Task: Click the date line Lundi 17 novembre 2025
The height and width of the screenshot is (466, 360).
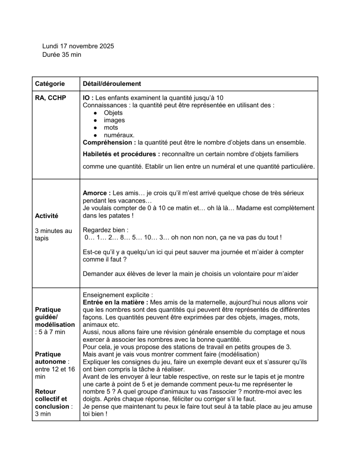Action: point(78,46)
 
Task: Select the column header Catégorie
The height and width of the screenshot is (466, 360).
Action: point(51,83)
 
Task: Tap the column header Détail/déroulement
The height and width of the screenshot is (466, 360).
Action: point(112,83)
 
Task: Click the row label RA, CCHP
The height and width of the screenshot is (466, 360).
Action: point(51,98)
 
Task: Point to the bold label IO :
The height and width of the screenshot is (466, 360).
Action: point(88,98)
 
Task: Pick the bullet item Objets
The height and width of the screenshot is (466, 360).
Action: point(113,113)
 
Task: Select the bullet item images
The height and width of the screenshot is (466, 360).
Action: point(114,120)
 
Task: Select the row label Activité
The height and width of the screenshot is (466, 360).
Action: point(47,216)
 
